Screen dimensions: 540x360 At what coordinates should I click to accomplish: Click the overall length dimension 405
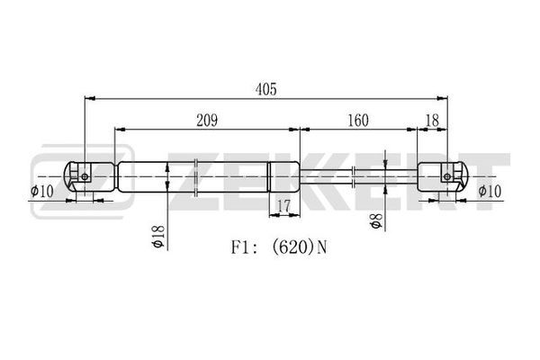(265, 89)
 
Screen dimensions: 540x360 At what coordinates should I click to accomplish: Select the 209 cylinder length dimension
(207, 121)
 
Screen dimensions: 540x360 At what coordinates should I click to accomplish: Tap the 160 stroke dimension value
(358, 121)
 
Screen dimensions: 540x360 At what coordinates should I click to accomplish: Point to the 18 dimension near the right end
(433, 121)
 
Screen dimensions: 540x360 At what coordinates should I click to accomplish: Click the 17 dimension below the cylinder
(284, 206)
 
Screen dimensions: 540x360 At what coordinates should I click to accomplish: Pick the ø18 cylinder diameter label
(158, 237)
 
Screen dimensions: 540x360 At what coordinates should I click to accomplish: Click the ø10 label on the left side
(42, 191)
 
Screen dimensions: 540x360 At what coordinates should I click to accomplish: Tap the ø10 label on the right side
(490, 191)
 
